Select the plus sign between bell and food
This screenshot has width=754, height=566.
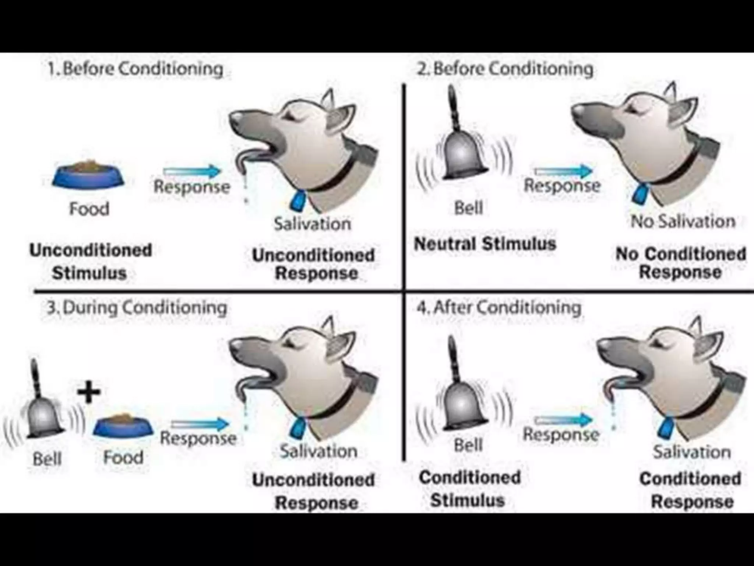coord(89,393)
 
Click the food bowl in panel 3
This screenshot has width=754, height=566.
coord(123,427)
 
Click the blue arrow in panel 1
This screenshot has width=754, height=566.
coord(192,171)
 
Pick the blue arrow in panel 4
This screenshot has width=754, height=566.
coord(563,420)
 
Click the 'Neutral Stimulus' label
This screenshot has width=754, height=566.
coord(485,244)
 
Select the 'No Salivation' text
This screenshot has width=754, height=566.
coord(683,221)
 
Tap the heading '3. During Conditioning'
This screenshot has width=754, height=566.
coord(137,308)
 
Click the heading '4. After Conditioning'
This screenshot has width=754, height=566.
coord(499,307)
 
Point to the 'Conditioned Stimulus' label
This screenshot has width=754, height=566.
coord(469,489)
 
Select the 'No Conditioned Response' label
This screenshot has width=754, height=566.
coord(680,263)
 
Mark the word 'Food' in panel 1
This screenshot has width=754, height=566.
coord(89,209)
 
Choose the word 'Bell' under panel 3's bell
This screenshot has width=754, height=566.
coord(47,459)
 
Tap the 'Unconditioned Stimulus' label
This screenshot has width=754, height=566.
coord(91,262)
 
